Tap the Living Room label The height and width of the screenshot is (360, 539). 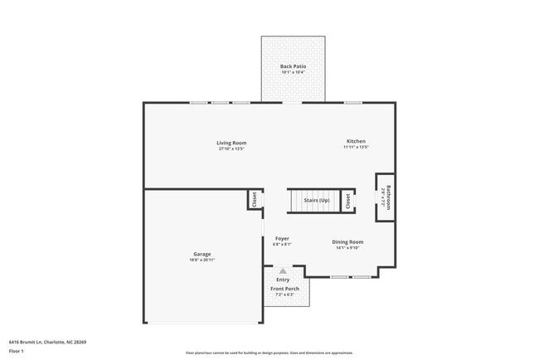click(x=232, y=143)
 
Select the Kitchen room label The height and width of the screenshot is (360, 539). click(x=356, y=141)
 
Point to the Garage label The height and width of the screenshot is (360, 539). click(x=202, y=254)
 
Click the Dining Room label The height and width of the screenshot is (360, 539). click(x=348, y=241)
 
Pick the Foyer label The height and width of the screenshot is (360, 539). click(x=282, y=239)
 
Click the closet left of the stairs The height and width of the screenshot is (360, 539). click(x=255, y=201)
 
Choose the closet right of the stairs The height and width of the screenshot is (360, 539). click(x=348, y=201)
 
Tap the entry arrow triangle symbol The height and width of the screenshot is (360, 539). click(x=283, y=270)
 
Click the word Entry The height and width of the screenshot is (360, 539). click(x=283, y=280)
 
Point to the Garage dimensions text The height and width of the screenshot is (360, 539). click(x=202, y=260)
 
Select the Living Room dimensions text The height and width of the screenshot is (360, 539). click(x=232, y=148)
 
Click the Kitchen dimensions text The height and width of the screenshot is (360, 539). click(x=356, y=148)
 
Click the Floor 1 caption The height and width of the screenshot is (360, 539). click(x=17, y=352)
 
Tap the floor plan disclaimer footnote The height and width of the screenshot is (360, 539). click(x=269, y=352)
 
